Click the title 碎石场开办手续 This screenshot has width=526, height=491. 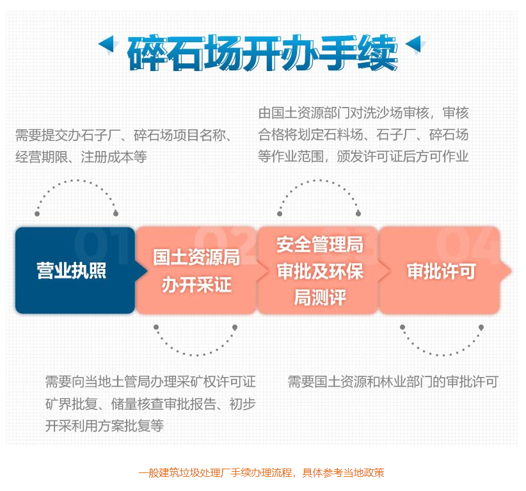[x=262, y=52]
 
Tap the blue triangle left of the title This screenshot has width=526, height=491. [x=108, y=44]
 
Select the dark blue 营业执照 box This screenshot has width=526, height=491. [x=75, y=271]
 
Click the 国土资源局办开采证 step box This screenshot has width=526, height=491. [x=196, y=271]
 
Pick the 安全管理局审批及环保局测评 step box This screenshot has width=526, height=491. [x=319, y=271]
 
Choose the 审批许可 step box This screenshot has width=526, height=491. [x=440, y=271]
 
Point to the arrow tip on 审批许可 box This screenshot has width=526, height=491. [x=511, y=271]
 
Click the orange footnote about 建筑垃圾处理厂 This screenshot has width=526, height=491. [x=261, y=473]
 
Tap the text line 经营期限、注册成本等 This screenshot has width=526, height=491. [x=81, y=157]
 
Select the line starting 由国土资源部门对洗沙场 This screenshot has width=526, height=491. [x=363, y=113]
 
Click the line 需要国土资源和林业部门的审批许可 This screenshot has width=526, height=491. [x=393, y=382]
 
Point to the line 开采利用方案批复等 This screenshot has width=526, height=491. [x=104, y=426]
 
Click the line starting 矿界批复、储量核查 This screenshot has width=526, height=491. [x=150, y=404]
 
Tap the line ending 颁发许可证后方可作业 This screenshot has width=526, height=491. [x=363, y=156]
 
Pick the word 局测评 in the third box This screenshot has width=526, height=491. [x=320, y=297]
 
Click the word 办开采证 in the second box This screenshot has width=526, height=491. [x=196, y=285]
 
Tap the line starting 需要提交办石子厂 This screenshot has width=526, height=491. [x=124, y=135]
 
